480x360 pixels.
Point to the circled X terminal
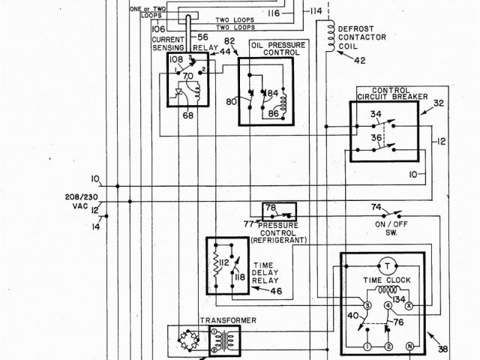click(409, 307)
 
